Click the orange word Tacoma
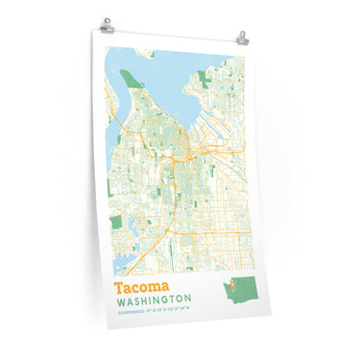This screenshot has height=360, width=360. point(142,286)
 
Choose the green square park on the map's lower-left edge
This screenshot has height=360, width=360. point(115,196)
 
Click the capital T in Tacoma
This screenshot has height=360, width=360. point(120,286)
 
